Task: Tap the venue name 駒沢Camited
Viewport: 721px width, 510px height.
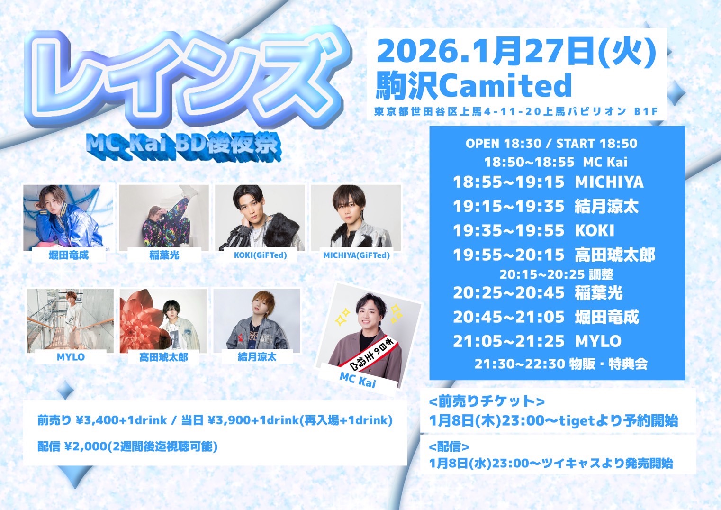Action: coord(473,85)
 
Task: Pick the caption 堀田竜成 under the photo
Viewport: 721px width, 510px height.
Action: coord(68,255)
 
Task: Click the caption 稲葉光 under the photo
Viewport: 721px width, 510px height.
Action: coord(164,255)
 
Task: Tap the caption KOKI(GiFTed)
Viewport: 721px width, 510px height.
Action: coord(260,255)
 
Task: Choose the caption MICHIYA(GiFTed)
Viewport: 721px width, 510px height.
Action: coord(357,255)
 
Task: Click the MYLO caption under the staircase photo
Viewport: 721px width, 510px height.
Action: coord(71,357)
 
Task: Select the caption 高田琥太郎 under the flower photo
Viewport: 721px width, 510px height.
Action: coord(163,357)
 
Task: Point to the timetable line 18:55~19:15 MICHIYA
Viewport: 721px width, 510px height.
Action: coord(548,182)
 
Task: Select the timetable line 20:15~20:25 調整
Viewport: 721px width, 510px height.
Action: coord(556,274)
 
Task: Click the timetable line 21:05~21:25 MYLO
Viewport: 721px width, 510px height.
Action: coord(537,341)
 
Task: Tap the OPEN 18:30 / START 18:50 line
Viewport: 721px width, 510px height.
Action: coord(551,144)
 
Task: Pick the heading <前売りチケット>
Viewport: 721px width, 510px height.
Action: coord(487,401)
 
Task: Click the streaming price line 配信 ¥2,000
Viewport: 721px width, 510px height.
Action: coord(127,446)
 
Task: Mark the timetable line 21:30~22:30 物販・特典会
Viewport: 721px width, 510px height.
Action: coord(561,364)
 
